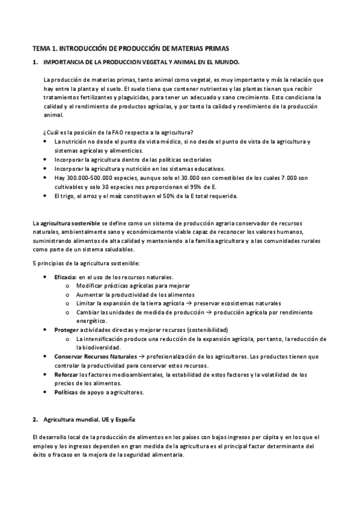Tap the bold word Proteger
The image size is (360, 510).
coord(66,330)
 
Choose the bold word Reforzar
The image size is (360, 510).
coord(67,375)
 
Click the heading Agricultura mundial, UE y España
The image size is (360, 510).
coord(93,419)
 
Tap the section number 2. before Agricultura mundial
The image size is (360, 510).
coord(35,419)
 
